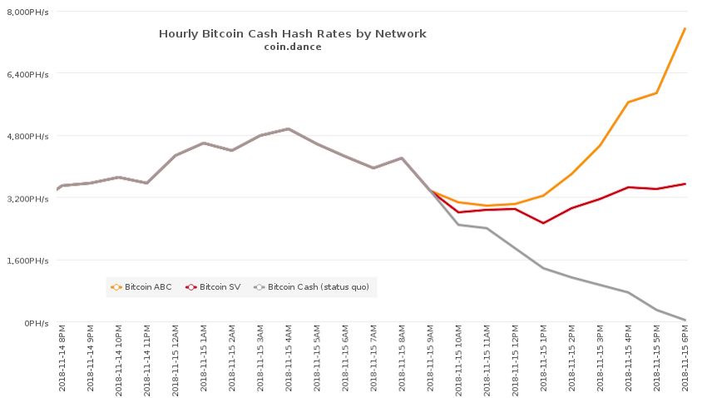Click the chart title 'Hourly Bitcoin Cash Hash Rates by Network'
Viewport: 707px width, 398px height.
tap(292, 34)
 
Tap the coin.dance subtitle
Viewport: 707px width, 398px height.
tap(292, 47)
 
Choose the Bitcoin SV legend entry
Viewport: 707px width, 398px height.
tap(214, 287)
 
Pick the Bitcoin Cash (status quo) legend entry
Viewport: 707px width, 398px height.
tap(313, 287)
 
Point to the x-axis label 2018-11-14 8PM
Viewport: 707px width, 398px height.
tap(62, 360)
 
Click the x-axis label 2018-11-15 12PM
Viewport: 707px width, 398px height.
tap(515, 360)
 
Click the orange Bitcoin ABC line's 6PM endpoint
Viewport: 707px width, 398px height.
tap(685, 28)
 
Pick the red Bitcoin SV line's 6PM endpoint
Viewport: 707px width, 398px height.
tap(685, 183)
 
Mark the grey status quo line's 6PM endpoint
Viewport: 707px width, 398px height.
tap(685, 320)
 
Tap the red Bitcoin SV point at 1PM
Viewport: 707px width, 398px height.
tap(543, 223)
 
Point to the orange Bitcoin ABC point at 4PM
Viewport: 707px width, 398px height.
tap(628, 102)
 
